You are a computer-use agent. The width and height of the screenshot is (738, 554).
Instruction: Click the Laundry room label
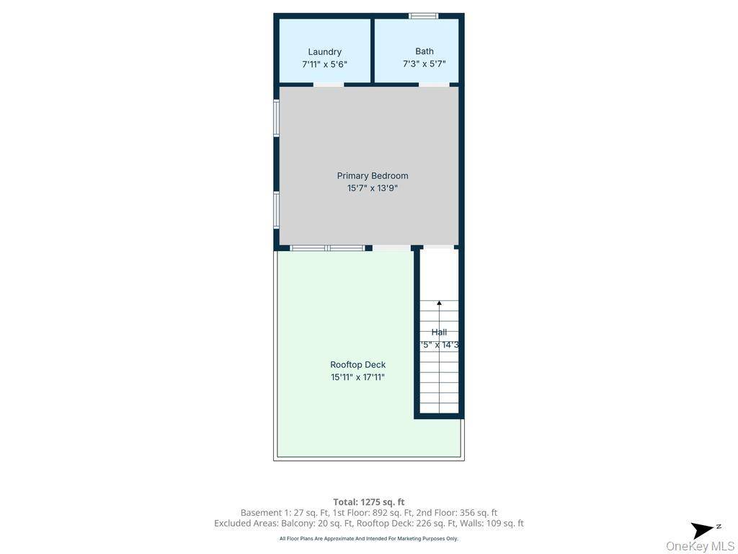324,52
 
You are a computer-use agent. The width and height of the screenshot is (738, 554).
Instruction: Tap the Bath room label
424,51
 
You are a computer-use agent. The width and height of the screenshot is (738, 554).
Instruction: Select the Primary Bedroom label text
373,176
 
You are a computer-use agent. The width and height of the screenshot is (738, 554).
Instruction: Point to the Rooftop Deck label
357,365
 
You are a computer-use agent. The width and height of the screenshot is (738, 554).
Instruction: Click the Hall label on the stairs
439,333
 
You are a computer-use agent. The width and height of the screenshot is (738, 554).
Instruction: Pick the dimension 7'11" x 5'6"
324,64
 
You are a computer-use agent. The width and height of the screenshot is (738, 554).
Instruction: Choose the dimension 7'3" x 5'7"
424,63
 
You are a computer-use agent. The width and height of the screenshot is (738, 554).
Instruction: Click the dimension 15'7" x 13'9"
373,188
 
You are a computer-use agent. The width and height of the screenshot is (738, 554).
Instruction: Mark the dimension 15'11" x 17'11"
357,377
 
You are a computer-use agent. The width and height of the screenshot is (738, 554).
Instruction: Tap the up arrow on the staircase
439,304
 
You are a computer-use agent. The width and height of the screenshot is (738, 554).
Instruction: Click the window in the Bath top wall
423,16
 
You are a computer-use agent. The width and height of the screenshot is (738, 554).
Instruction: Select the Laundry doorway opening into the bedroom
329,85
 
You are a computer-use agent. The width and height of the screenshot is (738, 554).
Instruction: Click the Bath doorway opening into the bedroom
434,85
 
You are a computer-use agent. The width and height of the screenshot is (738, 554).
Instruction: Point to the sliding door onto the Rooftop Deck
328,248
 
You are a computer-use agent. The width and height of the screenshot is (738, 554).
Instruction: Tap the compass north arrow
703,530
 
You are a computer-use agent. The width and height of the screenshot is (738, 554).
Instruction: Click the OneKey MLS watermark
700,546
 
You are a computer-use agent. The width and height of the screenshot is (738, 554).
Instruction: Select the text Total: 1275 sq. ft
369,502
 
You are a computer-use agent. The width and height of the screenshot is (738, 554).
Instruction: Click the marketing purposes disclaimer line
369,539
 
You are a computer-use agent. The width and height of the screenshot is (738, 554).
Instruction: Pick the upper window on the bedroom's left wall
276,118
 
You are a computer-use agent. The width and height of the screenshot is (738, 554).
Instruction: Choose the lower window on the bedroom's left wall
276,210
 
